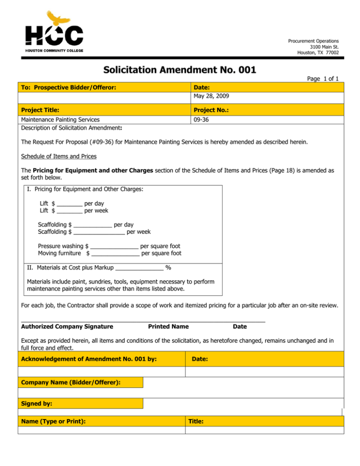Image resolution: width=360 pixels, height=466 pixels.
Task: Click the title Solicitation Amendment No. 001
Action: click(x=180, y=70)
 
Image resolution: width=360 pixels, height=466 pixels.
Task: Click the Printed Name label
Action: click(x=168, y=326)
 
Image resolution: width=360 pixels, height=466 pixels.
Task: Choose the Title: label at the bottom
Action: click(x=196, y=421)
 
